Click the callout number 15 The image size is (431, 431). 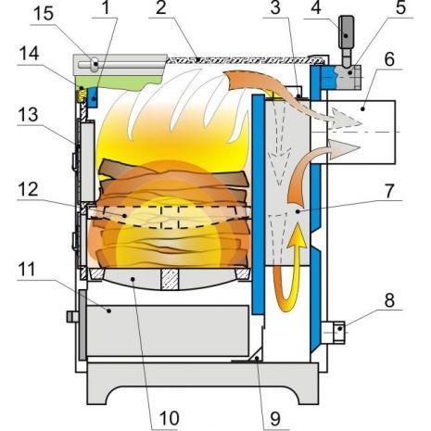coord(44,13)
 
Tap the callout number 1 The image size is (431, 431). coord(106,7)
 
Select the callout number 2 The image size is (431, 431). coord(161,7)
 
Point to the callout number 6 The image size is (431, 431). coord(390,59)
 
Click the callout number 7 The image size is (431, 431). coord(390,191)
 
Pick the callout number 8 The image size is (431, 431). coord(389,299)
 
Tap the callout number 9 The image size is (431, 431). coord(275,419)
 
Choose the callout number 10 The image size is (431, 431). coord(170,419)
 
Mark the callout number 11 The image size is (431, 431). coord(28,270)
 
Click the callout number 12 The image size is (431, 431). coord(28,189)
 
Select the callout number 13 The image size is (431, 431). coord(28,115)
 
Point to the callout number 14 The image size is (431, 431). coord(29,54)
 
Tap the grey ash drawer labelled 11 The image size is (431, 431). coord(168,331)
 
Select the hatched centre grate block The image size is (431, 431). coord(170,279)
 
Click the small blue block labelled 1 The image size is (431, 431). coord(93,97)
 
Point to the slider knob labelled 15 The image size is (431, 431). coord(95,65)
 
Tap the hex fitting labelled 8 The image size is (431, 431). coord(339,333)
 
